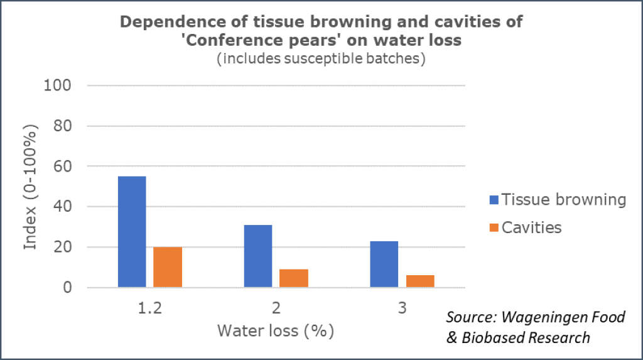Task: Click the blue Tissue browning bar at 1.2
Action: [x=132, y=232]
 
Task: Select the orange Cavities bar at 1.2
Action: [x=168, y=267]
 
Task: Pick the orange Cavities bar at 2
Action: [x=294, y=278]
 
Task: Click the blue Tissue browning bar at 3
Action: [x=384, y=264]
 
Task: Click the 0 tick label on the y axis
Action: [x=67, y=288]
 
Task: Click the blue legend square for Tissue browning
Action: [x=494, y=200]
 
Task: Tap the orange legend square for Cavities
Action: [x=494, y=227]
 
